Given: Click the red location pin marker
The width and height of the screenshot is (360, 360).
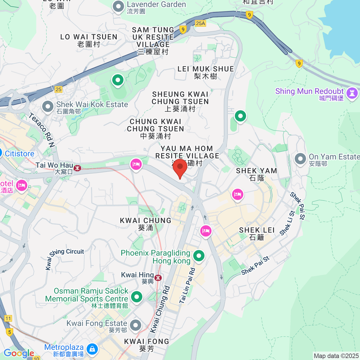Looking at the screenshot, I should click(180, 167).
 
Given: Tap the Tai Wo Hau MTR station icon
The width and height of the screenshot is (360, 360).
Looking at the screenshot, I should click(77, 168).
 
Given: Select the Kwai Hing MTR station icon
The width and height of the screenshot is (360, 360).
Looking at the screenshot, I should click(158, 278).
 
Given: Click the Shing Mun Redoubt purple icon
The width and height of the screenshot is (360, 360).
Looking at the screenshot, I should click(352, 93).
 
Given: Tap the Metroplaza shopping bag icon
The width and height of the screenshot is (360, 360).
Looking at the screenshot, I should click(92, 349).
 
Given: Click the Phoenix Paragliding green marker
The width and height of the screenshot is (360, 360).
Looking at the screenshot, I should click(199, 256).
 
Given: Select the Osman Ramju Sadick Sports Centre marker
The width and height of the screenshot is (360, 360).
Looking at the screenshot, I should click(137, 297).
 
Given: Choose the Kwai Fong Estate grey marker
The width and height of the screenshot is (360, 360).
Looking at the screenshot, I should click(136, 325).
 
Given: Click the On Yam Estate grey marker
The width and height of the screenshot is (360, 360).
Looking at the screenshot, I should click(300, 159).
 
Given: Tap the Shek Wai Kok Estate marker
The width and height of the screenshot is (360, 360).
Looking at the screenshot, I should click(48, 106).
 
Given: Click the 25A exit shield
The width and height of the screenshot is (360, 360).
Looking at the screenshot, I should click(200, 23).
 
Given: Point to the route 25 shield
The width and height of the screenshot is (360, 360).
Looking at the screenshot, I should click(58, 89).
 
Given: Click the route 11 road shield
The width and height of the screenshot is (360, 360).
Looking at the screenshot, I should click(8, 319).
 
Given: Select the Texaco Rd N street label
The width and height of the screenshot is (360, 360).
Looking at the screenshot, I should click(42, 130).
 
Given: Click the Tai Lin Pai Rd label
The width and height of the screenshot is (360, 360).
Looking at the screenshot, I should click(187, 286).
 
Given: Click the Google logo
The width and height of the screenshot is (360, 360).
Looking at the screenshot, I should click(19, 353).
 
